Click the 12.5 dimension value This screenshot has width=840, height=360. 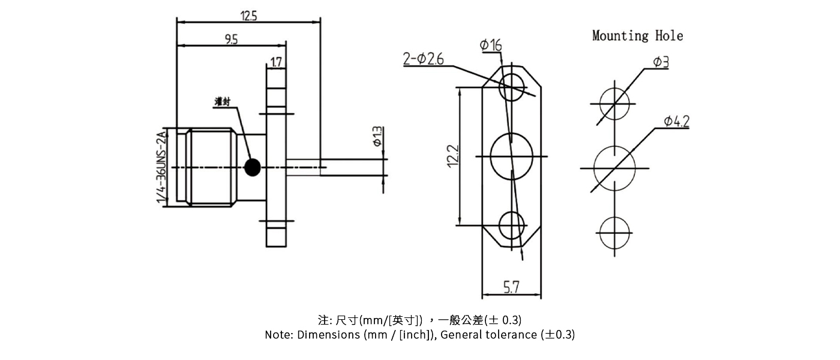click(x=248, y=16)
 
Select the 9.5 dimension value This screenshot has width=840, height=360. click(x=231, y=40)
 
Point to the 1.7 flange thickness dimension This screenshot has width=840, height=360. click(x=277, y=62)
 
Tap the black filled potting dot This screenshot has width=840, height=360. click(x=253, y=166)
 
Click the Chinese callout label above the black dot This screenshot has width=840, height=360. click(x=223, y=102)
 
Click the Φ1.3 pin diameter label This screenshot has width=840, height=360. click(x=377, y=136)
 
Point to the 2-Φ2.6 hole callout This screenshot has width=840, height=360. click(x=424, y=59)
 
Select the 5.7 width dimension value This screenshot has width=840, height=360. click(x=511, y=288)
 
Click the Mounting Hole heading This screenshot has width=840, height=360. click(x=637, y=36)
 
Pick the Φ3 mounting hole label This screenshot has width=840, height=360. click(x=660, y=62)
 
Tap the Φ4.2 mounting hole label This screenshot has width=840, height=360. click(x=676, y=122)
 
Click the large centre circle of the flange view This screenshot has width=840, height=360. click(x=511, y=157)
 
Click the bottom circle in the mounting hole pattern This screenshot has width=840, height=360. click(x=614, y=233)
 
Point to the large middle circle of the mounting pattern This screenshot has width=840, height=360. click(x=614, y=167)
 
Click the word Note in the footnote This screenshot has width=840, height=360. click(x=278, y=335)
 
